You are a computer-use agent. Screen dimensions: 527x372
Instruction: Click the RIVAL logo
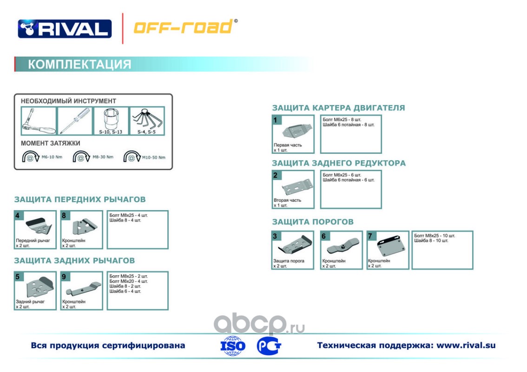65,28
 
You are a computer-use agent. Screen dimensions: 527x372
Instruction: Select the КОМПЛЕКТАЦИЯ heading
79,64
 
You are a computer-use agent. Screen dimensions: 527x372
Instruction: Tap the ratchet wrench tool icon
39,121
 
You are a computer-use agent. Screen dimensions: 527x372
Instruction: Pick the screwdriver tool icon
75,121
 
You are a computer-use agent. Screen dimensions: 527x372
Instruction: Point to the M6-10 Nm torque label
52,157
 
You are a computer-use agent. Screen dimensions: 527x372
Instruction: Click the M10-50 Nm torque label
154,158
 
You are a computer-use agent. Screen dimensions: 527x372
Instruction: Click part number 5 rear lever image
40,287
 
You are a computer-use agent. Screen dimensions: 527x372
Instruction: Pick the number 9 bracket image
83,289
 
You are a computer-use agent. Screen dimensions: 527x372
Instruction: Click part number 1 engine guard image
297,131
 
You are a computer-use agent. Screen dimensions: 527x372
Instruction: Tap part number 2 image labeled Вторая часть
297,186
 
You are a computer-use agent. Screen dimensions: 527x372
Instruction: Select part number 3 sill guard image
295,245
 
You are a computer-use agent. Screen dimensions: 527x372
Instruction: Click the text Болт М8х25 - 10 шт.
435,236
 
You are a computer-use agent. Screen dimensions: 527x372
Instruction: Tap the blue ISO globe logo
232,345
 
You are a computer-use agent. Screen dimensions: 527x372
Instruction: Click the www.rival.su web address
466,345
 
